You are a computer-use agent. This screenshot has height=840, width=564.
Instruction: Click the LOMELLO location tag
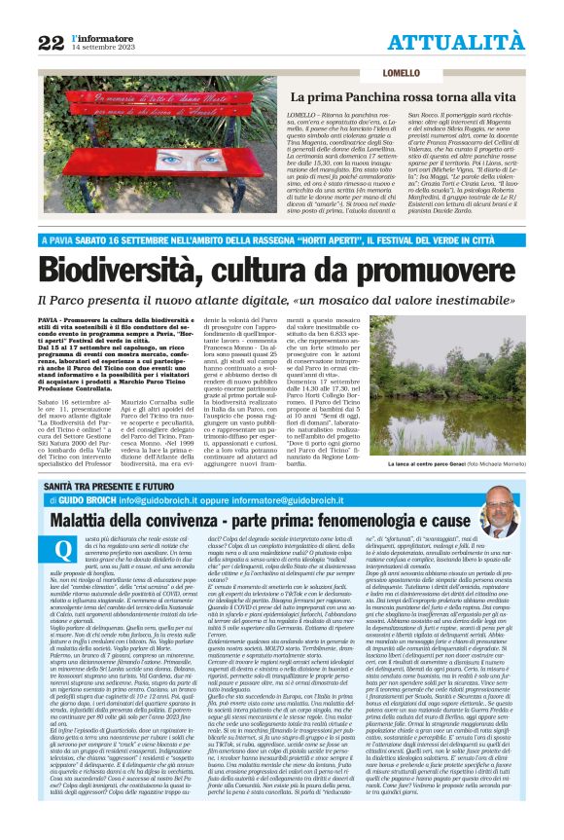(320, 74)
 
